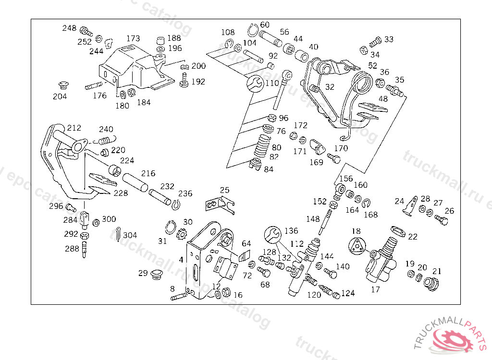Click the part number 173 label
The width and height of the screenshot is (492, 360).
pyautogui.click(x=134, y=38)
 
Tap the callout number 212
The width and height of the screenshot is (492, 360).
pyautogui.click(x=74, y=128)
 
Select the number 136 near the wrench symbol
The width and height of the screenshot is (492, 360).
pyautogui.click(x=291, y=231)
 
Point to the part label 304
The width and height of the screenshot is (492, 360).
pyautogui.click(x=130, y=235)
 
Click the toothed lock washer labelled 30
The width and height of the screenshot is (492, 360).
pyautogui.click(x=182, y=236)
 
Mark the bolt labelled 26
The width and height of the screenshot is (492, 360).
pyautogui.click(x=442, y=220)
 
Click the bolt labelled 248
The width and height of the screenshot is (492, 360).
pyautogui.click(x=85, y=32)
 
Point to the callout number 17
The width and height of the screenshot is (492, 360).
pyautogui.click(x=375, y=289)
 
